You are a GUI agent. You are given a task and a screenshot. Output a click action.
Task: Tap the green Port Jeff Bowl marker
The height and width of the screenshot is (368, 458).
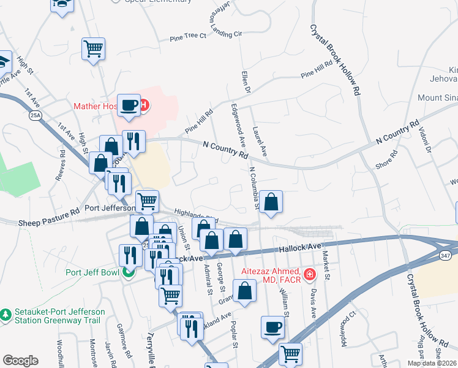(129, 272)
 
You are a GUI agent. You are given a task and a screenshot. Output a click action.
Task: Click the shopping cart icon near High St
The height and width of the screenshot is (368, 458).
(93, 48)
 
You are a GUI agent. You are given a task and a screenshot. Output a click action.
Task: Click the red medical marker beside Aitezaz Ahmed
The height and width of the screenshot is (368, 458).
(310, 272)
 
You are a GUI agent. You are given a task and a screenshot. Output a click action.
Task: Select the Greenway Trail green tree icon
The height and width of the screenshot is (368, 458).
(7, 314)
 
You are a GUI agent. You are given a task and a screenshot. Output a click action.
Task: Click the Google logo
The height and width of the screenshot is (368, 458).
(20, 361)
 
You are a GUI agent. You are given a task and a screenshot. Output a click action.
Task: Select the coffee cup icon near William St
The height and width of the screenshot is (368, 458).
(272, 327)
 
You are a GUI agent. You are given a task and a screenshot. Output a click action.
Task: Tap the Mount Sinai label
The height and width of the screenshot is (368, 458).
(437, 98)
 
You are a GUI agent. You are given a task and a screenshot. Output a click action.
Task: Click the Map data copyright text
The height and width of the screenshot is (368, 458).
(431, 363)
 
